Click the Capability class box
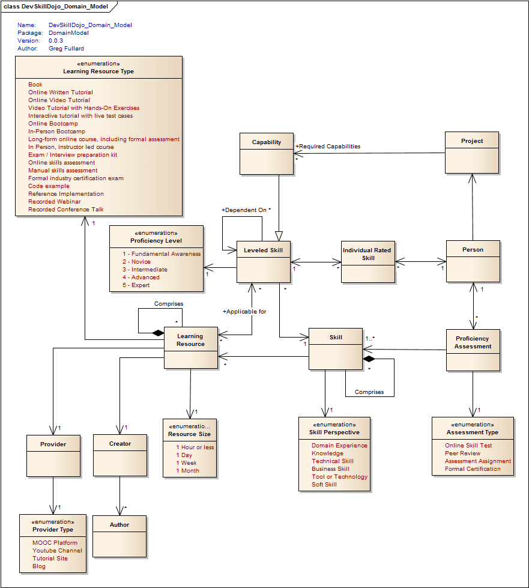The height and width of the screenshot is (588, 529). (266, 153)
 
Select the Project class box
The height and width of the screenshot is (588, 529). (472, 153)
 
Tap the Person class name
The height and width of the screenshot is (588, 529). (473, 250)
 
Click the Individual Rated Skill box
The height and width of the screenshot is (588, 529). (367, 262)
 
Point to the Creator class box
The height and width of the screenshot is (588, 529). (120, 455)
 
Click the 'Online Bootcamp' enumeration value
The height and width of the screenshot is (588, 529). (53, 124)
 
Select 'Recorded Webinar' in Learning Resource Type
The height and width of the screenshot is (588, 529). (54, 202)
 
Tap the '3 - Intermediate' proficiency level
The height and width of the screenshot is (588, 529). (145, 270)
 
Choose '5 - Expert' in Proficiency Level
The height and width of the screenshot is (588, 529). (136, 285)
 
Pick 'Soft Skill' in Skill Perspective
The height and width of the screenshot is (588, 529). (324, 485)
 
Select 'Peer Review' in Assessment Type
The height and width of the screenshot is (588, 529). (463, 453)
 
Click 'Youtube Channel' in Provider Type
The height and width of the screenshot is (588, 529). (57, 551)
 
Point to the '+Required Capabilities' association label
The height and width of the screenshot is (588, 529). (328, 146)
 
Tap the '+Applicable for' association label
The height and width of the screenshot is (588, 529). (244, 312)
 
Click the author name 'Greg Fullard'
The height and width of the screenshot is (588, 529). (66, 49)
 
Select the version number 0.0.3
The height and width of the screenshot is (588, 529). (56, 41)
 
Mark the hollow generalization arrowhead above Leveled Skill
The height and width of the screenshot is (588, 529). (279, 235)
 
